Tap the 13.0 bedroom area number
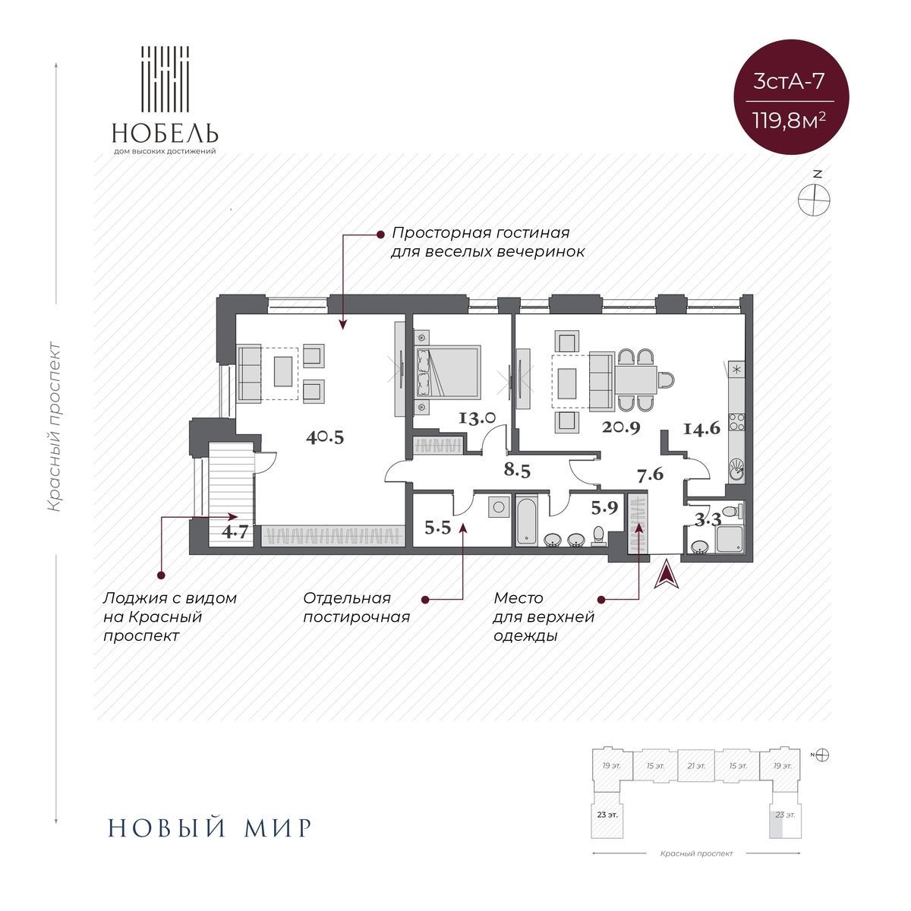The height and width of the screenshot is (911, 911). pyautogui.click(x=478, y=418)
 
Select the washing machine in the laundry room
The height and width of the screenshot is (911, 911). pyautogui.click(x=498, y=506)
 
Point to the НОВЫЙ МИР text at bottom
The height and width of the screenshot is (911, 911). pyautogui.click(x=210, y=827)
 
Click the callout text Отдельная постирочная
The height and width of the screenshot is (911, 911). pyautogui.click(x=356, y=607)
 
